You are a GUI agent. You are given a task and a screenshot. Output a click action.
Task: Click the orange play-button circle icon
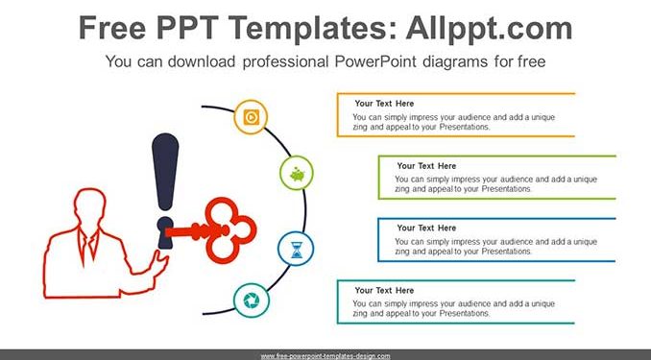click(x=251, y=117)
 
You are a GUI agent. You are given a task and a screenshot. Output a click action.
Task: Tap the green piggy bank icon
click(x=297, y=173)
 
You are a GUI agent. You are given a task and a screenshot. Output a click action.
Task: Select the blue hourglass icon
click(x=296, y=249)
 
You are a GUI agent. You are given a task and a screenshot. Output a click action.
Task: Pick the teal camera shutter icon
click(x=252, y=300)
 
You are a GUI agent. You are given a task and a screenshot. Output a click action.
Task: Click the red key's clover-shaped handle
click(x=230, y=230)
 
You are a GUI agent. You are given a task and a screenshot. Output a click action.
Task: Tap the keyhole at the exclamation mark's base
click(x=165, y=232)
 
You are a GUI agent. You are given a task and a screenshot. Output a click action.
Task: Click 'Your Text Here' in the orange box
click(x=384, y=104)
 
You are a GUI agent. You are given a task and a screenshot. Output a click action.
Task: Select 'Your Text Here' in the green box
click(x=426, y=166)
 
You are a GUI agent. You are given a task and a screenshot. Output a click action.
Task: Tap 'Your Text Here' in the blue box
click(x=426, y=228)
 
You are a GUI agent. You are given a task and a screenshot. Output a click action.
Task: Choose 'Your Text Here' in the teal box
click(x=384, y=290)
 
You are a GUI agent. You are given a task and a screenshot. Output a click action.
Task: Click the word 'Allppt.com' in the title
click(x=489, y=28)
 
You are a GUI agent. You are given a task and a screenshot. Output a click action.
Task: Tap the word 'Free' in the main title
click(x=112, y=28)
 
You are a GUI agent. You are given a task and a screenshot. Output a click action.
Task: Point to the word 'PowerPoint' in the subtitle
click(x=375, y=61)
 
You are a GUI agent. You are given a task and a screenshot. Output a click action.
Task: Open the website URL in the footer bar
click(x=325, y=356)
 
